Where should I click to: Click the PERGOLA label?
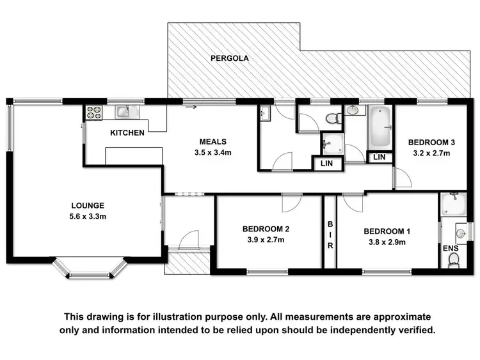230,58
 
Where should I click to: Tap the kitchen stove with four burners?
94,112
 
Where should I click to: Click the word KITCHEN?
127,133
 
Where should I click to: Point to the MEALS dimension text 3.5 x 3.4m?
213,153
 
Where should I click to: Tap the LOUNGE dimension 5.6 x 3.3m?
88,217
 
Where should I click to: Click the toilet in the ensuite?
454,259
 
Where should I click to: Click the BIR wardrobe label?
330,235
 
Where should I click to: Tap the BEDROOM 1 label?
387,231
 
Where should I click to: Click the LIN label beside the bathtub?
380,157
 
